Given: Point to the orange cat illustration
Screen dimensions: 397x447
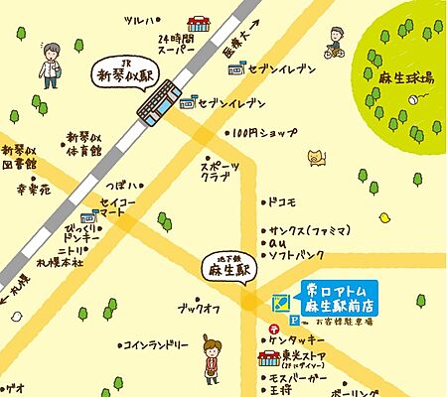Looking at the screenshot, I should point(317,157).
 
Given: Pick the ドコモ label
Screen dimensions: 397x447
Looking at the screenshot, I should point(281,202).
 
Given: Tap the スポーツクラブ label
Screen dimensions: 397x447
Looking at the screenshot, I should point(220,172).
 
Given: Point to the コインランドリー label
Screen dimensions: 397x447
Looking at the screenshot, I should point(155,345).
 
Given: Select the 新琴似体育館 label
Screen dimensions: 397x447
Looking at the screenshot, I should point(84,145).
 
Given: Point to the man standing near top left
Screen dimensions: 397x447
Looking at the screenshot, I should point(51,65).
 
